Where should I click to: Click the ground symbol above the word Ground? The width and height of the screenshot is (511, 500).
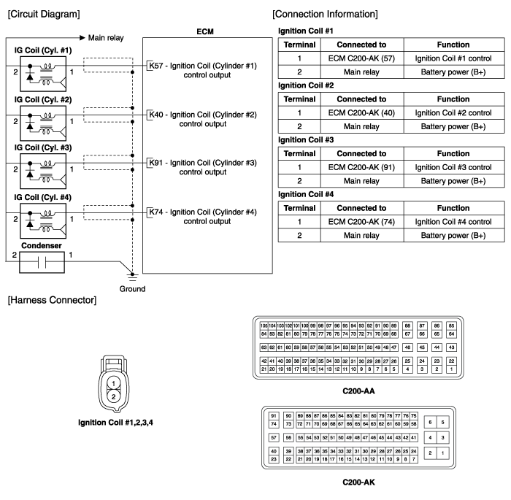coord(131,275)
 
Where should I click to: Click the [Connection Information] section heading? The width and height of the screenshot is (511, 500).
coord(325,14)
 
